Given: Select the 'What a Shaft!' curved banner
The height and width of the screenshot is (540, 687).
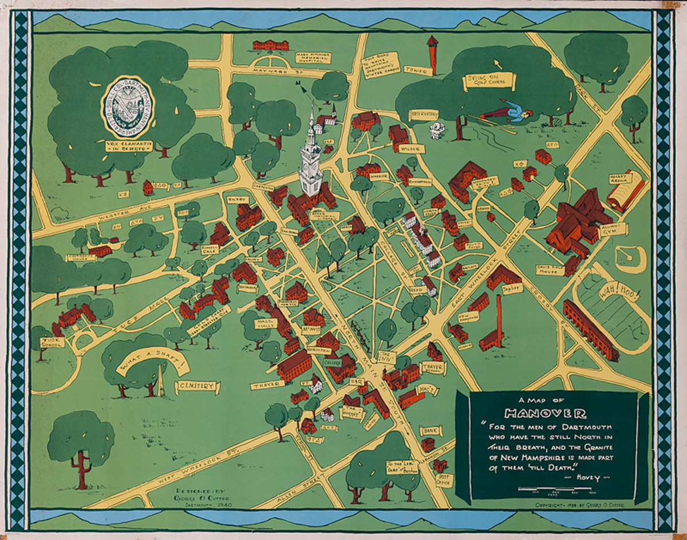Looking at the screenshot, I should tap(152, 362).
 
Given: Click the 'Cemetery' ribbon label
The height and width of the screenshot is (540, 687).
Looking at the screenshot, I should tap(198, 387).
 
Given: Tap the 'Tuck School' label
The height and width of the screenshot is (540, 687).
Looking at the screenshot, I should tap(52, 342).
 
